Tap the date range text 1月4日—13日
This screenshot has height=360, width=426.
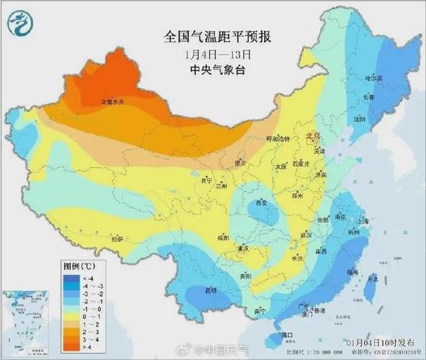tap(218, 54)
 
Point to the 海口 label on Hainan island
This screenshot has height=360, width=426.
tap(286, 335)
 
